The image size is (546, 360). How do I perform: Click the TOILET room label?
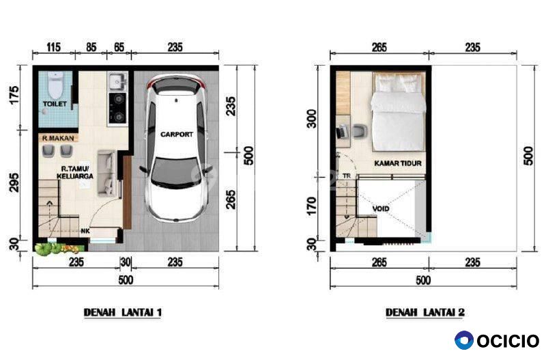tap(55, 104)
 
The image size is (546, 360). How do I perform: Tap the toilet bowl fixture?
tap(55, 85)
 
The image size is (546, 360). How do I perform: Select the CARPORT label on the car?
tap(177, 134)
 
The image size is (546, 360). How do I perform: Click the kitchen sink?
tap(117, 81)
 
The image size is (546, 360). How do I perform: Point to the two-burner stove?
tap(117, 109)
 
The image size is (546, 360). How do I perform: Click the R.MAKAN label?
tap(58, 139)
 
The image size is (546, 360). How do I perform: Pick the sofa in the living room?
tap(106, 172)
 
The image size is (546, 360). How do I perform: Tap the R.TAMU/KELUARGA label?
tap(75, 173)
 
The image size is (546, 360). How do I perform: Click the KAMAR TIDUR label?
tap(398, 163)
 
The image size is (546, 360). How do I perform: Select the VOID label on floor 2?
tap(381, 209)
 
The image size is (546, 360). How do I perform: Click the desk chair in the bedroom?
tap(360, 132)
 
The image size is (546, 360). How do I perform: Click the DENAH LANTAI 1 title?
tap(123, 312)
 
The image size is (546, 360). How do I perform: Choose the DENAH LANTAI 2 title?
tap(425, 312)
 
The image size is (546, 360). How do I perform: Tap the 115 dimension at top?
tap(53, 47)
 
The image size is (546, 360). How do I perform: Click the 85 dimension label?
tap(91, 47)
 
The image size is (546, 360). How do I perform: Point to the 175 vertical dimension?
tap(14, 95)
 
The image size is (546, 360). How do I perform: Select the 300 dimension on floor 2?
tap(313, 119)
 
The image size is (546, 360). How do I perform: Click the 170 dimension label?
tap(313, 206)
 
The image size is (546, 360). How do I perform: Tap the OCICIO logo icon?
tap(464, 340)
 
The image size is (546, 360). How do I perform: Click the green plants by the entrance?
tap(59, 249)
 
